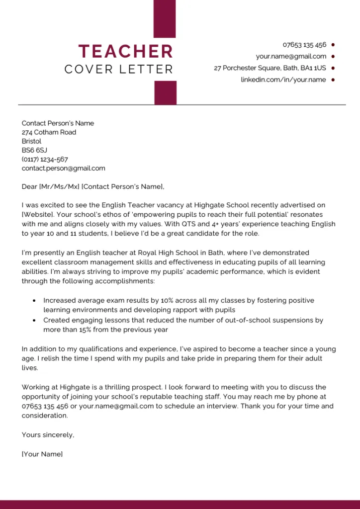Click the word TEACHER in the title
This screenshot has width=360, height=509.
(126, 51)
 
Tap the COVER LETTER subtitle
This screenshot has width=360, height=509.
(119, 70)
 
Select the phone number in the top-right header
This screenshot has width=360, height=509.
(304, 45)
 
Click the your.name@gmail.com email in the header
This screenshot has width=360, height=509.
(291, 56)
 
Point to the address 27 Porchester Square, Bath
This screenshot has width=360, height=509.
(270, 68)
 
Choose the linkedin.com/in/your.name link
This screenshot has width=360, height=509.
(283, 80)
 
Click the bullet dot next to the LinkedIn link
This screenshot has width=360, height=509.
(333, 80)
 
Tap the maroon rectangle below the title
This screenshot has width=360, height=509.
(165, 92)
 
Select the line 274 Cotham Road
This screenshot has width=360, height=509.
(49, 132)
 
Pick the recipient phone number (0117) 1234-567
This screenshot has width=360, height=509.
(45, 160)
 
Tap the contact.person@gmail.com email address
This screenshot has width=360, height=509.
(63, 169)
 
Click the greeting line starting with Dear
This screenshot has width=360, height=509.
(92, 187)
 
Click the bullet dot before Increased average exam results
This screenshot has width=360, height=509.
(34, 301)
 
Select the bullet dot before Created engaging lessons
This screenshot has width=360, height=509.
(34, 321)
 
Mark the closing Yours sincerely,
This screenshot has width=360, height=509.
(48, 435)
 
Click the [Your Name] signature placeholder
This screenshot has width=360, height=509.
(42, 454)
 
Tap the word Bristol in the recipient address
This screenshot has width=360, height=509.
(31, 141)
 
